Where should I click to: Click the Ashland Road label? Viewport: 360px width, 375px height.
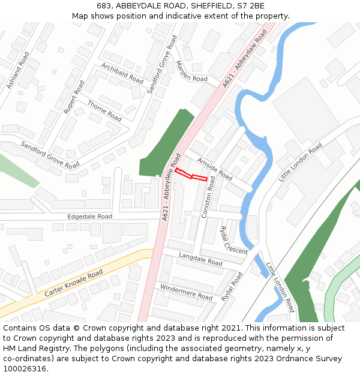pos(18,71)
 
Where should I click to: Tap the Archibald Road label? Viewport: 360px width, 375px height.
pos(122,73)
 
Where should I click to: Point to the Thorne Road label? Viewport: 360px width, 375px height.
pos(104,110)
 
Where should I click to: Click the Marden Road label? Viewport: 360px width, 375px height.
pos(191,72)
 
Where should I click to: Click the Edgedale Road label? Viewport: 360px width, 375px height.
pos(89,216)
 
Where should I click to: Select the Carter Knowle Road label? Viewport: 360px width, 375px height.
pos(74,283)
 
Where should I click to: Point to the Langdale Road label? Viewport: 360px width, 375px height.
pos(200,259)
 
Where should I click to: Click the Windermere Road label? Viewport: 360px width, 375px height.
pos(186,292)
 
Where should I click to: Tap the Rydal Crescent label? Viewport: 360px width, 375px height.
pos(233,240)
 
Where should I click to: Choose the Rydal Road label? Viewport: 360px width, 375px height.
pos(232,287)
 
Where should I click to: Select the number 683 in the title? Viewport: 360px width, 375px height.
pos(103,5)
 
